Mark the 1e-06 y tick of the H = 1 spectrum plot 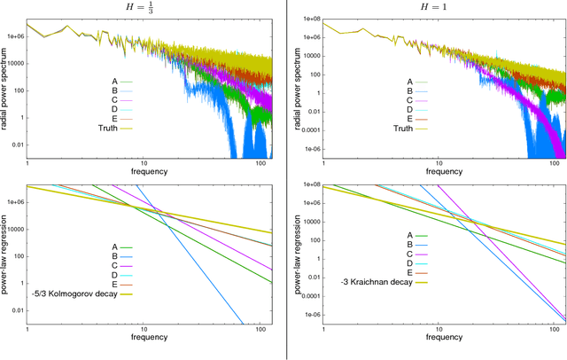point(309,150)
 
